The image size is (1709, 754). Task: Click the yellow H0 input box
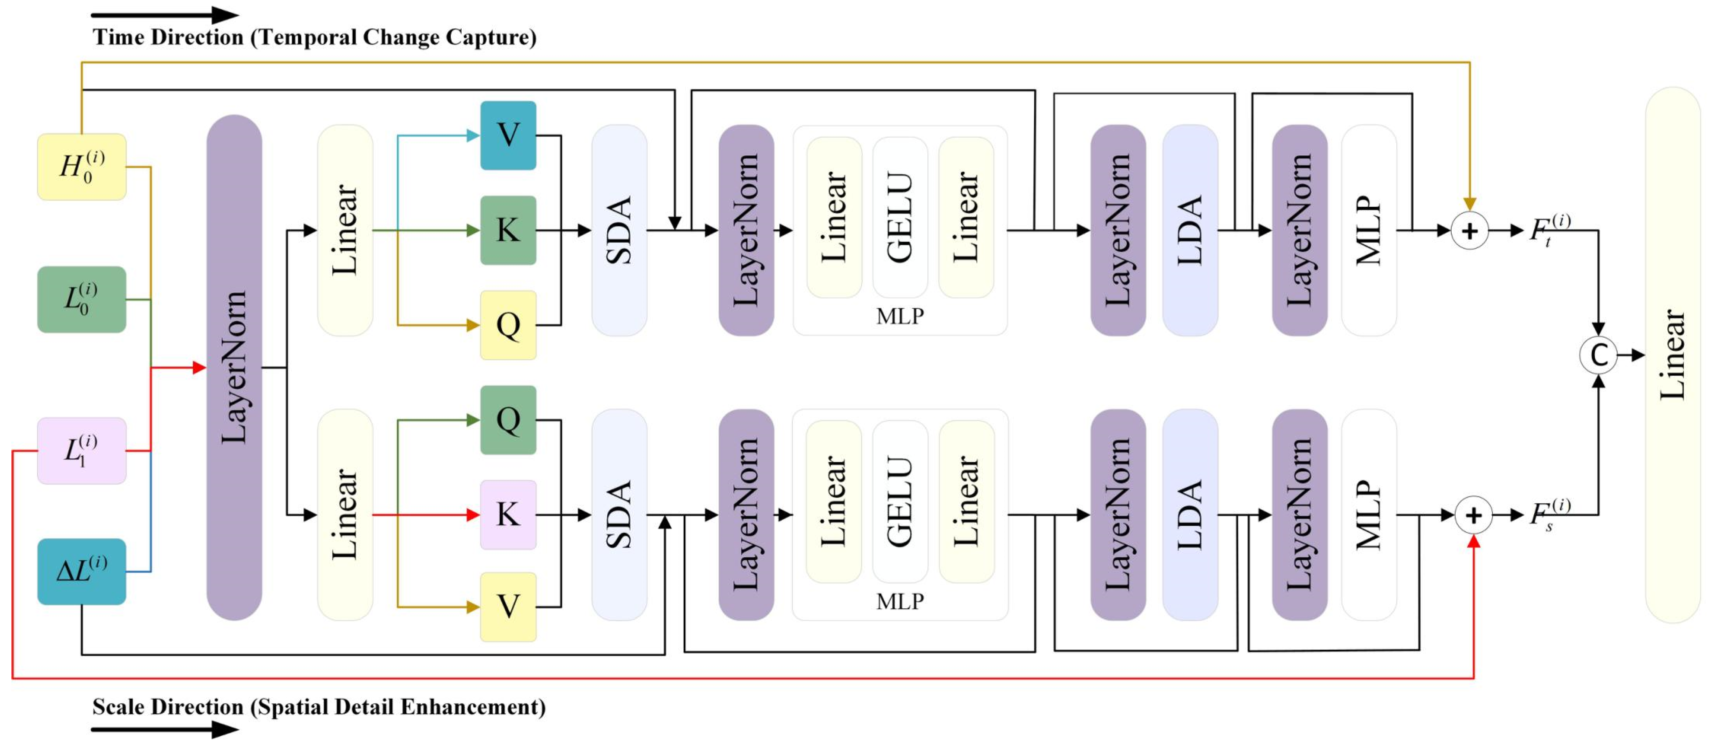pyautogui.click(x=82, y=167)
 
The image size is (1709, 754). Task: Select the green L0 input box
pyautogui.click(x=82, y=299)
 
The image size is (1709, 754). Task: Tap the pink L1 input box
pyautogui.click(x=82, y=450)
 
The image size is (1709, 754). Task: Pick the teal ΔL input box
pyautogui.click(x=82, y=571)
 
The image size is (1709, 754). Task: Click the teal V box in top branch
pyautogui.click(x=508, y=135)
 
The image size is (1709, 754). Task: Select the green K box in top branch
pyautogui.click(x=508, y=230)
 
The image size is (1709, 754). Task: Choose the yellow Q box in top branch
pyautogui.click(x=508, y=325)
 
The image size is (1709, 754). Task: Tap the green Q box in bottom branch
pyautogui.click(x=508, y=420)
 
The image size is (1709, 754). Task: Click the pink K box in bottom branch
pyautogui.click(x=508, y=515)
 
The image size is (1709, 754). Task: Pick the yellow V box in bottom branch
pyautogui.click(x=508, y=607)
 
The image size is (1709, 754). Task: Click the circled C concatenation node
pyautogui.click(x=1598, y=355)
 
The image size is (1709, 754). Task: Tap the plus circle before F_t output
pyautogui.click(x=1470, y=231)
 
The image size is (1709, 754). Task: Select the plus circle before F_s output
pyautogui.click(x=1473, y=515)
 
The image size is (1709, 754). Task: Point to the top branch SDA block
pyautogui.click(x=619, y=230)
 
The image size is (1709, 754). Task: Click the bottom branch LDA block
pyautogui.click(x=1190, y=515)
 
